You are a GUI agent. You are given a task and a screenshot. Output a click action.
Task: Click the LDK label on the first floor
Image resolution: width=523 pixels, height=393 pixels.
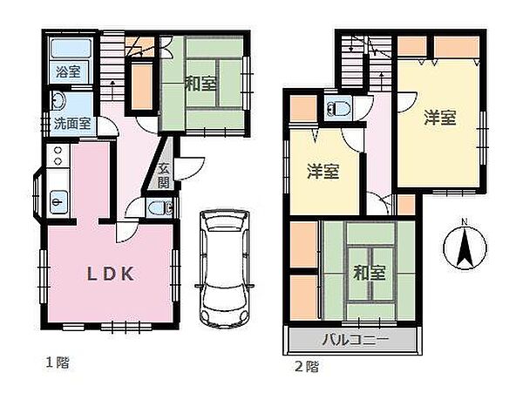tap(109, 274)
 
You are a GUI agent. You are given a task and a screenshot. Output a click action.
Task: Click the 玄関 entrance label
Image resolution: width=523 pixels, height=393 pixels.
tap(166, 176)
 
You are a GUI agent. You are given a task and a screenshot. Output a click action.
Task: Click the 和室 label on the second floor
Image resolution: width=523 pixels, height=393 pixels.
tap(370, 273)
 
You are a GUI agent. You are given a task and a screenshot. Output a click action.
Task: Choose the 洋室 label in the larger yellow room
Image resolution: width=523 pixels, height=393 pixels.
tap(440, 119)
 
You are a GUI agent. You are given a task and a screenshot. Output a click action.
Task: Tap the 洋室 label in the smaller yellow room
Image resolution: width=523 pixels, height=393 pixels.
tap(323, 171)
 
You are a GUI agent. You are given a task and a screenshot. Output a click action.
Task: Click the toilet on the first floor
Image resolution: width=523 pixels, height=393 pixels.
tap(158, 208)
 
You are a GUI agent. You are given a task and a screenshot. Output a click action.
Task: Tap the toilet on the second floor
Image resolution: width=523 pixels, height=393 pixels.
tap(336, 109)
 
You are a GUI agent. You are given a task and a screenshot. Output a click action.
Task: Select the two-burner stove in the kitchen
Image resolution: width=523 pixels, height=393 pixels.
tap(58, 157)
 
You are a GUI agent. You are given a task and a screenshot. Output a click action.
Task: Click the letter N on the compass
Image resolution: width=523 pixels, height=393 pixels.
tap(464, 220)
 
